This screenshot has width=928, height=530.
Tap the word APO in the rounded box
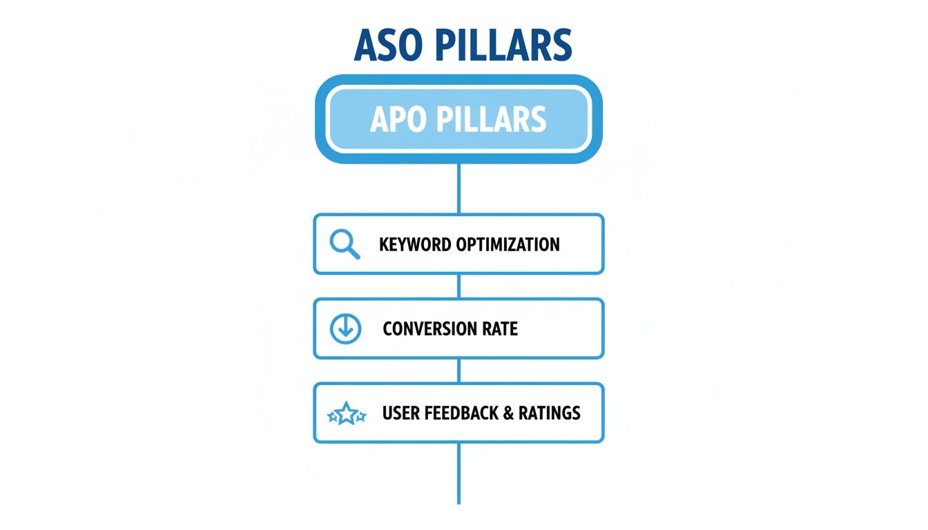398,119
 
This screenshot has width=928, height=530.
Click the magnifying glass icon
345,244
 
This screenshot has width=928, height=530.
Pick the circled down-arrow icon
345,329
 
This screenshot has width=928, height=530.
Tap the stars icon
345,414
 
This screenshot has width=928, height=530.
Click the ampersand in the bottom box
507,413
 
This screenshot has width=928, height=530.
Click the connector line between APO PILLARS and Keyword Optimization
458,188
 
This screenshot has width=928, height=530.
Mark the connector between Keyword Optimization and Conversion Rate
458,286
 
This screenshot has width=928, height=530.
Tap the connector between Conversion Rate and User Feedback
458,371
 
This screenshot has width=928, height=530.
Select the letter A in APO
380,119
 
